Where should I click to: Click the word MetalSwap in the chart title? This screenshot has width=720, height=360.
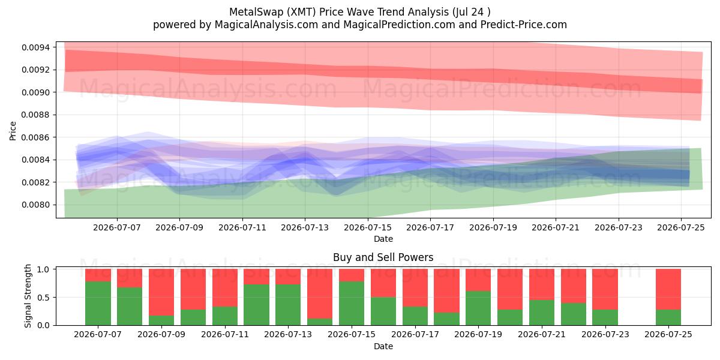(x=256, y=12)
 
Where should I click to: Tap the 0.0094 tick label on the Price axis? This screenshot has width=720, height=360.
(x=35, y=47)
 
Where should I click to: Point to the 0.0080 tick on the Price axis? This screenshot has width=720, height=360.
(x=35, y=205)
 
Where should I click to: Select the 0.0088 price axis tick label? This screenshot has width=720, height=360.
(x=35, y=115)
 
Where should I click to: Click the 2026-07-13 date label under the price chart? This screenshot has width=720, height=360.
(x=305, y=227)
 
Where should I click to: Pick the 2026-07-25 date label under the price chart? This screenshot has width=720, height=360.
(x=681, y=227)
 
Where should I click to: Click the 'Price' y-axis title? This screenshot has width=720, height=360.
(x=13, y=131)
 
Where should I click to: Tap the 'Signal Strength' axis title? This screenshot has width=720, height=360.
(x=28, y=296)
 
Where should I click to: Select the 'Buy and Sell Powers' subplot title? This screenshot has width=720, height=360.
(x=383, y=257)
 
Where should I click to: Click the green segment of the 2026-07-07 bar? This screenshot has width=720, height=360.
(x=98, y=303)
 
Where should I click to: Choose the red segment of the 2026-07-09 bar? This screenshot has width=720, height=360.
(x=161, y=292)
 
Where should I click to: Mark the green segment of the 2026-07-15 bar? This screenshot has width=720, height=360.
(x=352, y=303)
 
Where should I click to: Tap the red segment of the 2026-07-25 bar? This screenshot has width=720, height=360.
(x=668, y=289)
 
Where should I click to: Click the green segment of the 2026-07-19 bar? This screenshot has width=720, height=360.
(x=478, y=308)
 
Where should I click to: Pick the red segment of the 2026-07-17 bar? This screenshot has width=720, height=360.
(x=415, y=287)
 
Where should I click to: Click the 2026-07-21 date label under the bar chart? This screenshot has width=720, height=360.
(x=542, y=334)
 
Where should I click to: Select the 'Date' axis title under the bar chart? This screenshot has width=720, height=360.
(x=383, y=346)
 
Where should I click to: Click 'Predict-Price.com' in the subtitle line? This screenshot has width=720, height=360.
(x=524, y=25)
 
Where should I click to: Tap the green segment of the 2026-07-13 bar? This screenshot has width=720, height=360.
(x=288, y=305)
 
